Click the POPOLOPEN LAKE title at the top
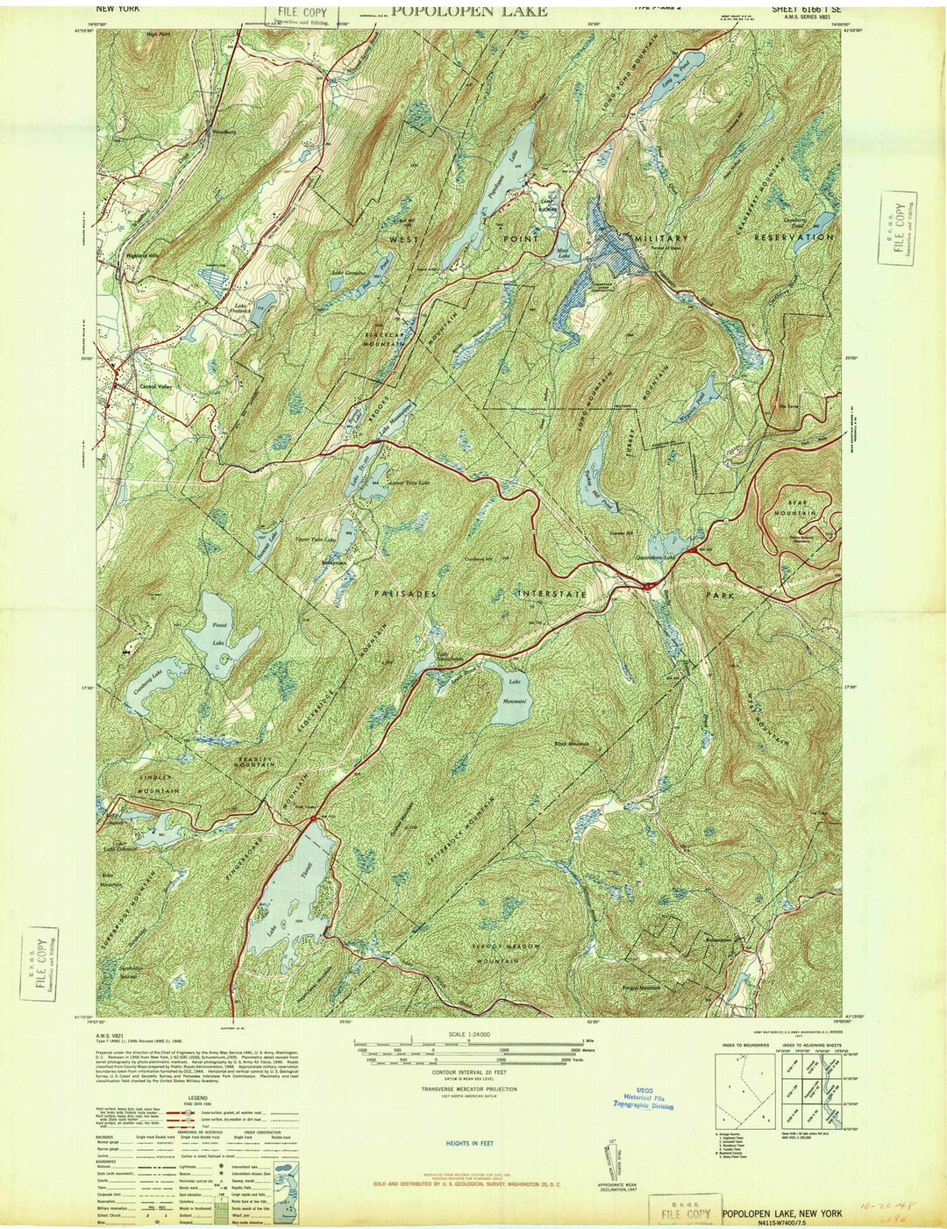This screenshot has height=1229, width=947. click(469, 11)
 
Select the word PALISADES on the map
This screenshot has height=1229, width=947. click(405, 594)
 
